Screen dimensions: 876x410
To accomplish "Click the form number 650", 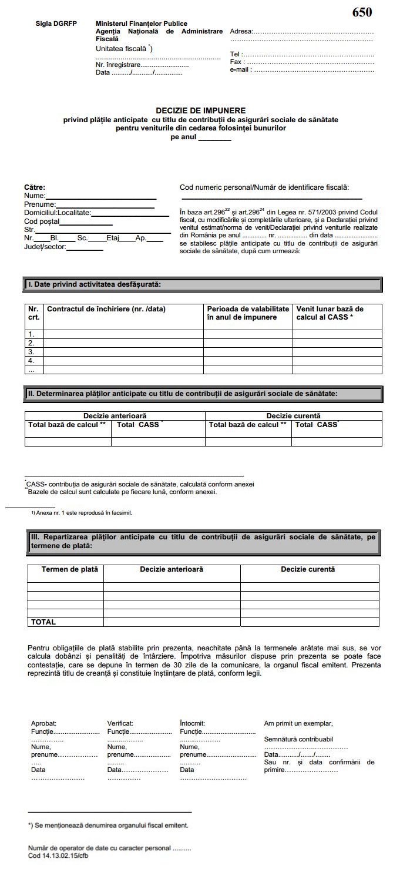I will [362, 12].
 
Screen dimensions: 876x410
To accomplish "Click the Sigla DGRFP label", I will [56, 24].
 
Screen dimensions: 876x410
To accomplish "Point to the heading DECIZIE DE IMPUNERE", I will [200, 110].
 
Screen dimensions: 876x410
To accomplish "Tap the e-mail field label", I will [241, 69].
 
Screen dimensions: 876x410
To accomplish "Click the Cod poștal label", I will [42, 222].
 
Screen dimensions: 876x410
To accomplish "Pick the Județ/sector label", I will [45, 247].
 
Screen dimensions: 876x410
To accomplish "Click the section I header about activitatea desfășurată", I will [95, 284].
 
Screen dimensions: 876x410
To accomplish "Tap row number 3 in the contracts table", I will [32, 352].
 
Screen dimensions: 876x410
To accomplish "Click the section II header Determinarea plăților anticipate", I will [182, 393].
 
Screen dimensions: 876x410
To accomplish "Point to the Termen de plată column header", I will [66, 569].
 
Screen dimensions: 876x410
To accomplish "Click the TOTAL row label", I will [43, 622].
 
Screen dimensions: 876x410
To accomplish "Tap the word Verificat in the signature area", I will [120, 723].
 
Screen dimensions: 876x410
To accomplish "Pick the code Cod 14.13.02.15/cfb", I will [58, 855].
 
